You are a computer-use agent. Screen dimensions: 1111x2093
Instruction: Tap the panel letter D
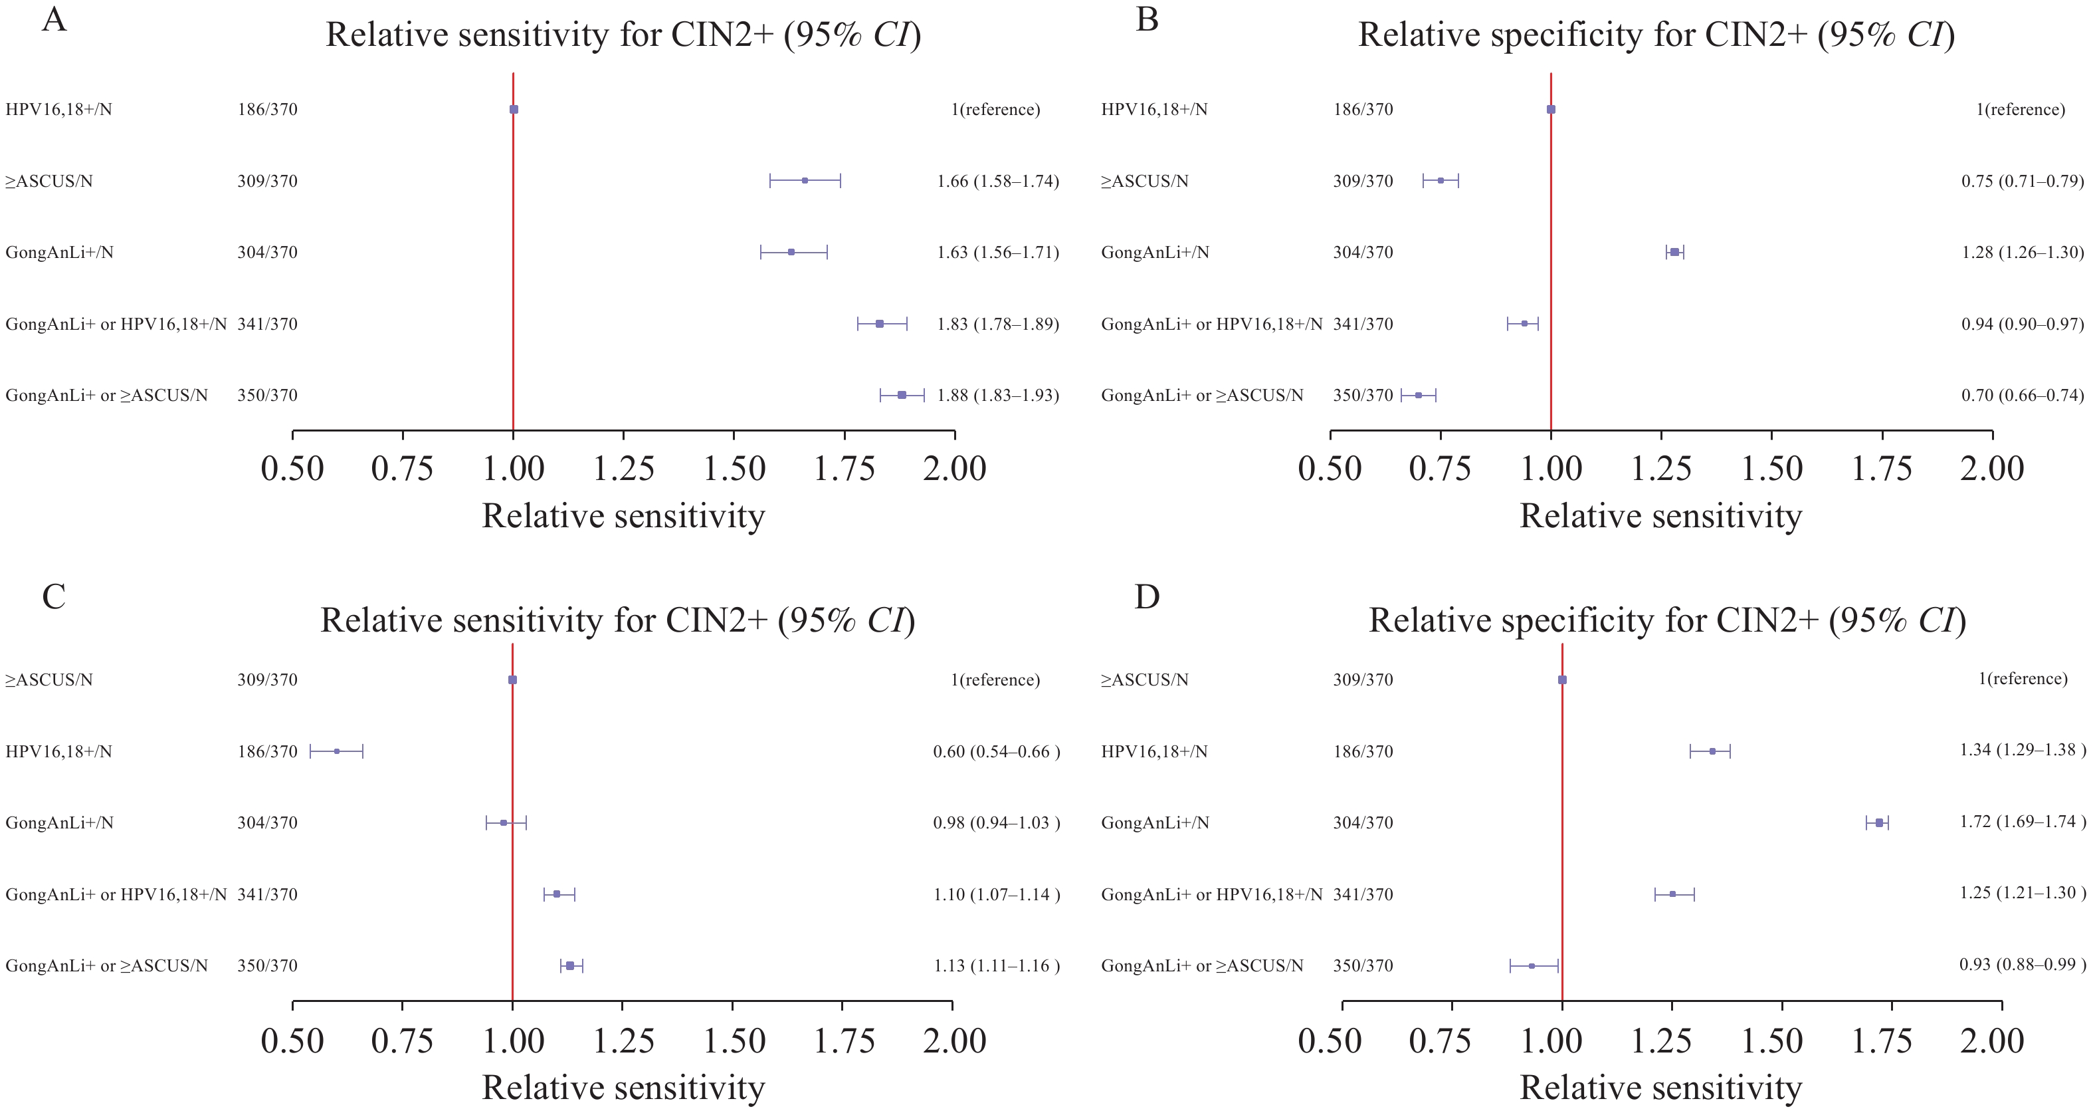(x=1146, y=597)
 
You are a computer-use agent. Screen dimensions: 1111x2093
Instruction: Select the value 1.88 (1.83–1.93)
(x=998, y=396)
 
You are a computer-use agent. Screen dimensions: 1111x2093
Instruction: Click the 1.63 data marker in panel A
(x=791, y=252)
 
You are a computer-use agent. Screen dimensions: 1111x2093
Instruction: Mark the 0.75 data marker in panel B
(x=1441, y=180)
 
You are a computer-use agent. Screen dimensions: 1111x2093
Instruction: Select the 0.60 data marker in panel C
(x=336, y=751)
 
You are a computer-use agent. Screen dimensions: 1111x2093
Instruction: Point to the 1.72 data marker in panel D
(x=1879, y=823)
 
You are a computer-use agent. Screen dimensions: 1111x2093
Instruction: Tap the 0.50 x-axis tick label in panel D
(x=1330, y=1042)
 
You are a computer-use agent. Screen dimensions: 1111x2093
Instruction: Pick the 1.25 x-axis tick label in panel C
(x=623, y=1042)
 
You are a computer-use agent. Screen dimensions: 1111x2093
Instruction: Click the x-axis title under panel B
(x=1660, y=517)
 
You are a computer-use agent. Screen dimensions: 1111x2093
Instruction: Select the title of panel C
(x=617, y=621)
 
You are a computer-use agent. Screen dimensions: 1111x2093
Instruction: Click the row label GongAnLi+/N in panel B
(x=1155, y=253)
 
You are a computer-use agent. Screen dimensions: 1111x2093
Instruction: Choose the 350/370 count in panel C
(x=267, y=966)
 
